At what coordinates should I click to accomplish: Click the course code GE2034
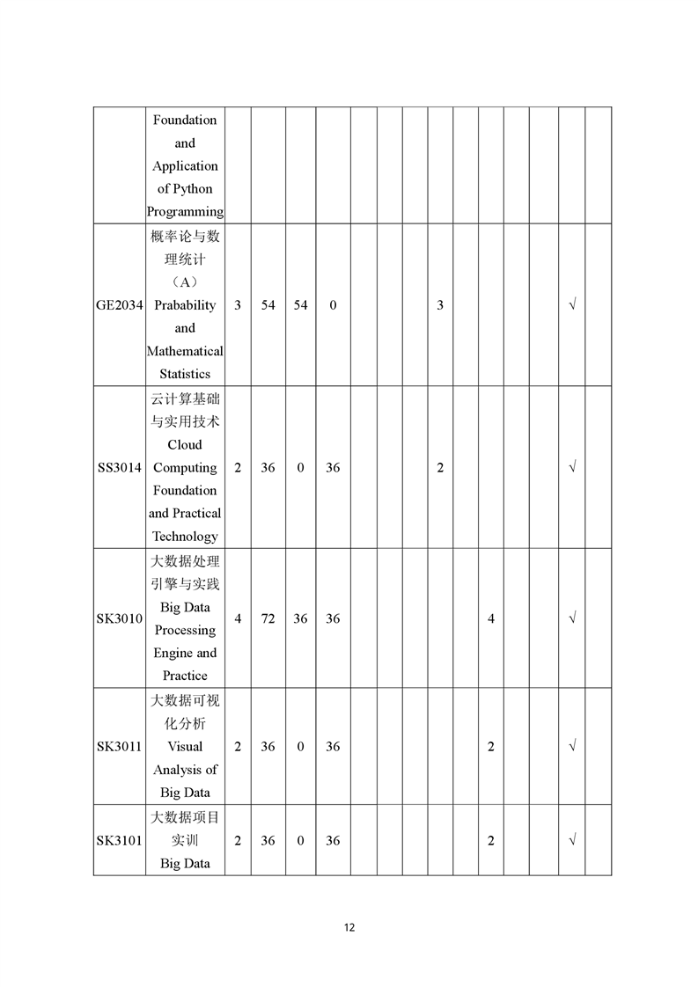click(x=119, y=305)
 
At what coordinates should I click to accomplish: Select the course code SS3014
click(x=119, y=468)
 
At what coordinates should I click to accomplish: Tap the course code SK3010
click(x=119, y=618)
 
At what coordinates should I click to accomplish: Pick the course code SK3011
click(x=119, y=747)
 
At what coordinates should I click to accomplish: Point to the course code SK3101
click(x=119, y=840)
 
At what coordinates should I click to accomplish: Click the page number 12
click(x=349, y=927)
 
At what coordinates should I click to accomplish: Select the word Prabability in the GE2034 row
click(x=185, y=305)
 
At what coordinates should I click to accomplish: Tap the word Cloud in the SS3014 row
click(x=185, y=444)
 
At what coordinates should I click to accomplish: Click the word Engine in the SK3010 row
click(x=173, y=653)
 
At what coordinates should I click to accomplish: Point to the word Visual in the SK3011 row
click(x=185, y=746)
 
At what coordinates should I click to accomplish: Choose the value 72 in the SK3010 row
click(x=268, y=618)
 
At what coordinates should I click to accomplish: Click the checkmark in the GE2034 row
click(x=572, y=305)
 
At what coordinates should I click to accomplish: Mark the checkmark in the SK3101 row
click(x=572, y=840)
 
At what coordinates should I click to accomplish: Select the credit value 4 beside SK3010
click(x=238, y=618)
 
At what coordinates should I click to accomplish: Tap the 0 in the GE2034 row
click(x=333, y=305)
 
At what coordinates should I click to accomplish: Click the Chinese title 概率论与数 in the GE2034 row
click(x=185, y=237)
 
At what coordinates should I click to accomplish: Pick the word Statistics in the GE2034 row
click(x=185, y=374)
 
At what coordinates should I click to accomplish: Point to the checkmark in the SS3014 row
click(x=572, y=468)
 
